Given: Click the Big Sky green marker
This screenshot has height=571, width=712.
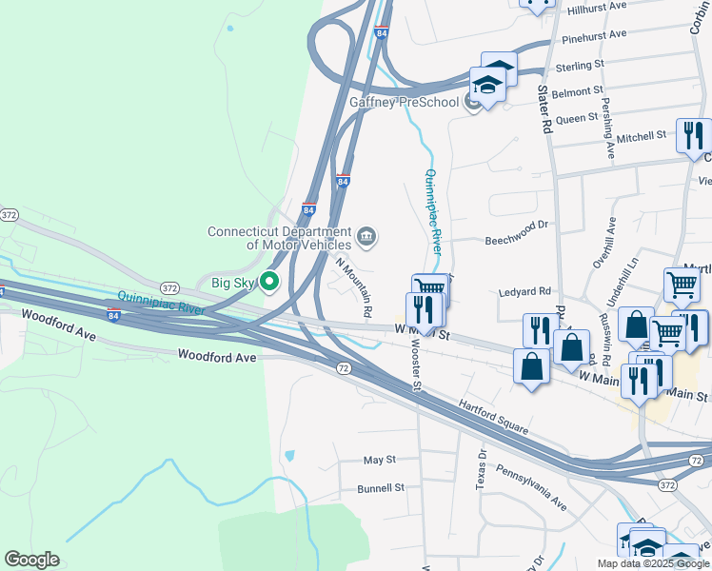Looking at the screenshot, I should pos(269,282).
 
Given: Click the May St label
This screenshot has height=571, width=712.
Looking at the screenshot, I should pos(379,460).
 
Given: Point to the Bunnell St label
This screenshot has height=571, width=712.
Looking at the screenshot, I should pos(381,487).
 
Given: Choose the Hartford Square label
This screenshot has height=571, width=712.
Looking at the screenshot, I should pos(494,417).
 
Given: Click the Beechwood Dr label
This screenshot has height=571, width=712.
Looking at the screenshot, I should pos(518,226).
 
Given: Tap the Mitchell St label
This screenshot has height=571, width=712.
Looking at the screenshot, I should pos(642,137).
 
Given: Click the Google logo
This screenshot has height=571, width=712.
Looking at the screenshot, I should pos(31,560).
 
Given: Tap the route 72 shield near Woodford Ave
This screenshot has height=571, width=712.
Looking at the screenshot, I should pos(343,366).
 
